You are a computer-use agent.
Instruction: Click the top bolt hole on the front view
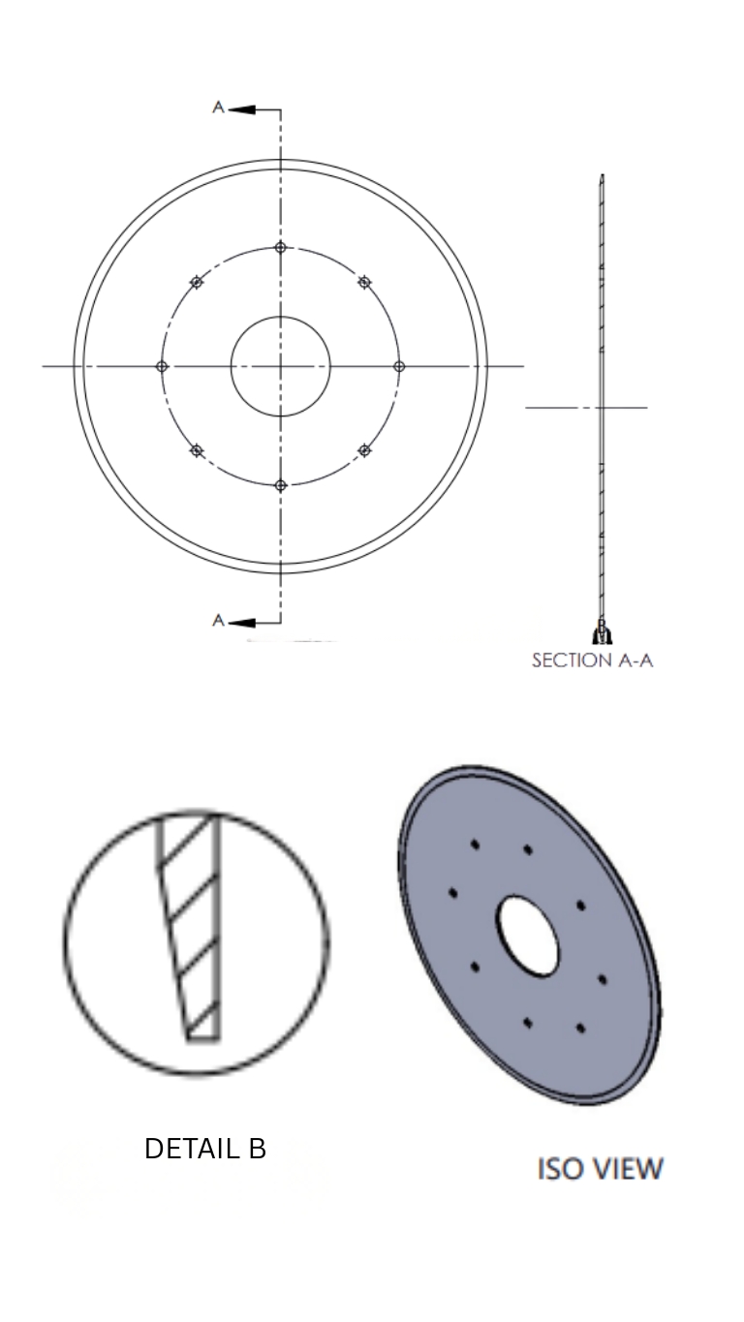coord(281,248)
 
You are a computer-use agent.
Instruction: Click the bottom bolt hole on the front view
coord(281,485)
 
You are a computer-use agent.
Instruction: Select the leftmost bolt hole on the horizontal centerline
coord(163,366)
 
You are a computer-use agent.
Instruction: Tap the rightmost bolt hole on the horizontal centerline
coord(399,366)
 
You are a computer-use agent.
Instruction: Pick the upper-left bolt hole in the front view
coord(197,282)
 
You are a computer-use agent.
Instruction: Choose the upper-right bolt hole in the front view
coord(364,282)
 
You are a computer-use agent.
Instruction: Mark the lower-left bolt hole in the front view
coord(197,450)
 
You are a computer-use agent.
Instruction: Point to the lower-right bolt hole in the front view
coord(364,450)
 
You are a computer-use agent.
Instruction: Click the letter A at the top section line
coord(219,108)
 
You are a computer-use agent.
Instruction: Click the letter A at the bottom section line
coord(219,620)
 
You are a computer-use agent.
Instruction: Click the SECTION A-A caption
coord(592,661)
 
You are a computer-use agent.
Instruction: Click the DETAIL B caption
coord(205,1149)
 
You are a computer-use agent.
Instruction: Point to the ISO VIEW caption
coord(600,1169)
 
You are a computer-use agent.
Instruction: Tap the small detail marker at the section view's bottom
coord(602,633)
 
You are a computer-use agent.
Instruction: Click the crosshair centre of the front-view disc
coord(281,366)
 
